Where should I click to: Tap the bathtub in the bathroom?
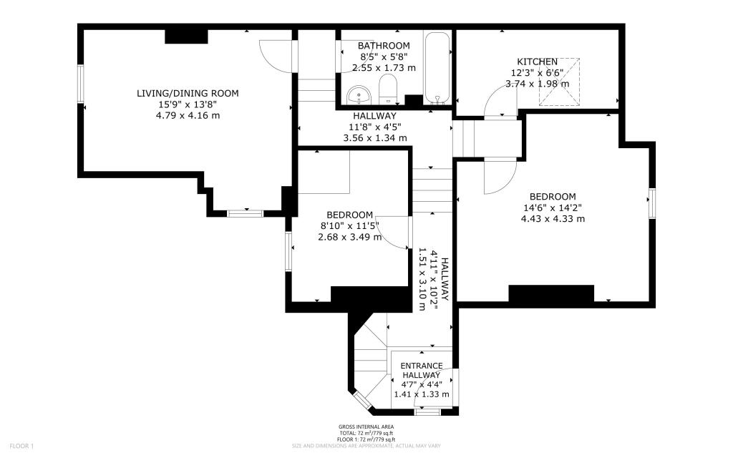(x=437, y=68)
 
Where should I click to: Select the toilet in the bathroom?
(x=387, y=91)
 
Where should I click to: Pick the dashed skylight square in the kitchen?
(x=562, y=82)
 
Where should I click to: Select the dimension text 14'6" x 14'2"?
(x=553, y=208)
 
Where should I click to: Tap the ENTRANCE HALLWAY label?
(x=422, y=371)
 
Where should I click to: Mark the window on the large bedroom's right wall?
(x=652, y=204)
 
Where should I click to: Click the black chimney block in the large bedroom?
(x=551, y=293)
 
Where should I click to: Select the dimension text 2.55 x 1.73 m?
(x=384, y=68)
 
